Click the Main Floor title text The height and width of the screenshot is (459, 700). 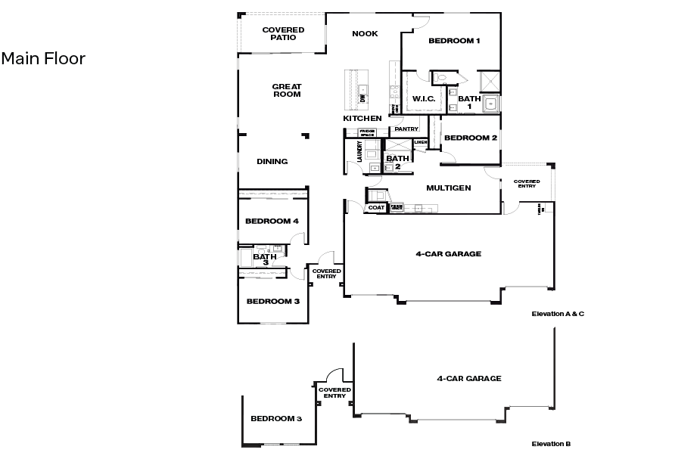(x=43, y=58)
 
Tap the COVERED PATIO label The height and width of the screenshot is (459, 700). (x=283, y=33)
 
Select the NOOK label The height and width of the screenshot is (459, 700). (x=365, y=33)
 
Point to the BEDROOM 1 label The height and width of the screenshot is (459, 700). (x=454, y=41)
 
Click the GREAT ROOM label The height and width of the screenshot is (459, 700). (x=287, y=91)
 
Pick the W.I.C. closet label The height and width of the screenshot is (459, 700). (x=423, y=99)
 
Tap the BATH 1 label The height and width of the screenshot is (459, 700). (x=469, y=102)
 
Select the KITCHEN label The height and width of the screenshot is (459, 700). (x=362, y=119)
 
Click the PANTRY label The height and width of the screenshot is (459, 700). (x=406, y=129)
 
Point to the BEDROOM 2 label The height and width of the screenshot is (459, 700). (x=470, y=138)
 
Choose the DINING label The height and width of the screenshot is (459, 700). (x=272, y=161)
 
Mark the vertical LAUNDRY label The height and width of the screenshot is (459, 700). (x=350, y=152)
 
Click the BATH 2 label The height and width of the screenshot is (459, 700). (x=397, y=162)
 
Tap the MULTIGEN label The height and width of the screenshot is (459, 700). (x=449, y=188)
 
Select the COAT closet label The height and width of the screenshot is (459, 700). (x=376, y=207)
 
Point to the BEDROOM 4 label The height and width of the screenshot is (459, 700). (x=272, y=221)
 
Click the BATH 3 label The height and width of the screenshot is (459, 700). (x=265, y=259)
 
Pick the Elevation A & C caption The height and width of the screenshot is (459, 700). (x=558, y=313)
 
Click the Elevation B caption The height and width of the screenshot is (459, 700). (x=551, y=444)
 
